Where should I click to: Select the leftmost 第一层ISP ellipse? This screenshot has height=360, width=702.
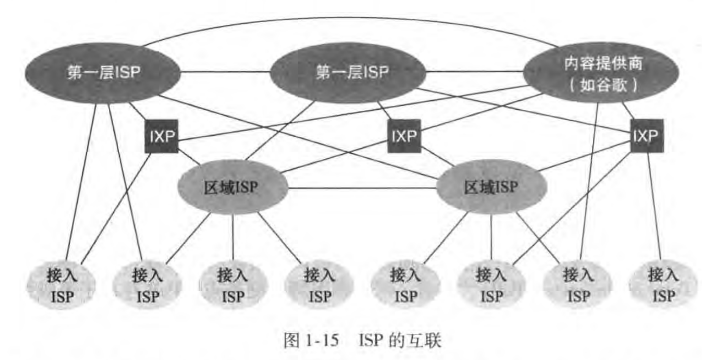click(103, 73)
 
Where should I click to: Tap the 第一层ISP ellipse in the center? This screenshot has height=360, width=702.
click(351, 73)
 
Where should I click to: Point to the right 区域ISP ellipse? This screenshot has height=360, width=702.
click(491, 187)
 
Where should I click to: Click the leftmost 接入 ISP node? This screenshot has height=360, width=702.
click(61, 284)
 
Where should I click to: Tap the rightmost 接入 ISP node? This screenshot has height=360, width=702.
click(662, 284)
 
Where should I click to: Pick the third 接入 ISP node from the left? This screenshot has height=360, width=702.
click(233, 284)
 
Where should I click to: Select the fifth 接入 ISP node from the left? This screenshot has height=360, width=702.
click(406, 284)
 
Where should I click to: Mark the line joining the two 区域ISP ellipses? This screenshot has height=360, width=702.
click(363, 188)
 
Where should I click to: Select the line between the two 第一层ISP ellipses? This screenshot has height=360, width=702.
click(225, 73)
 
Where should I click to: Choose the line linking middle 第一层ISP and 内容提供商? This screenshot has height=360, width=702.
click(475, 73)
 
